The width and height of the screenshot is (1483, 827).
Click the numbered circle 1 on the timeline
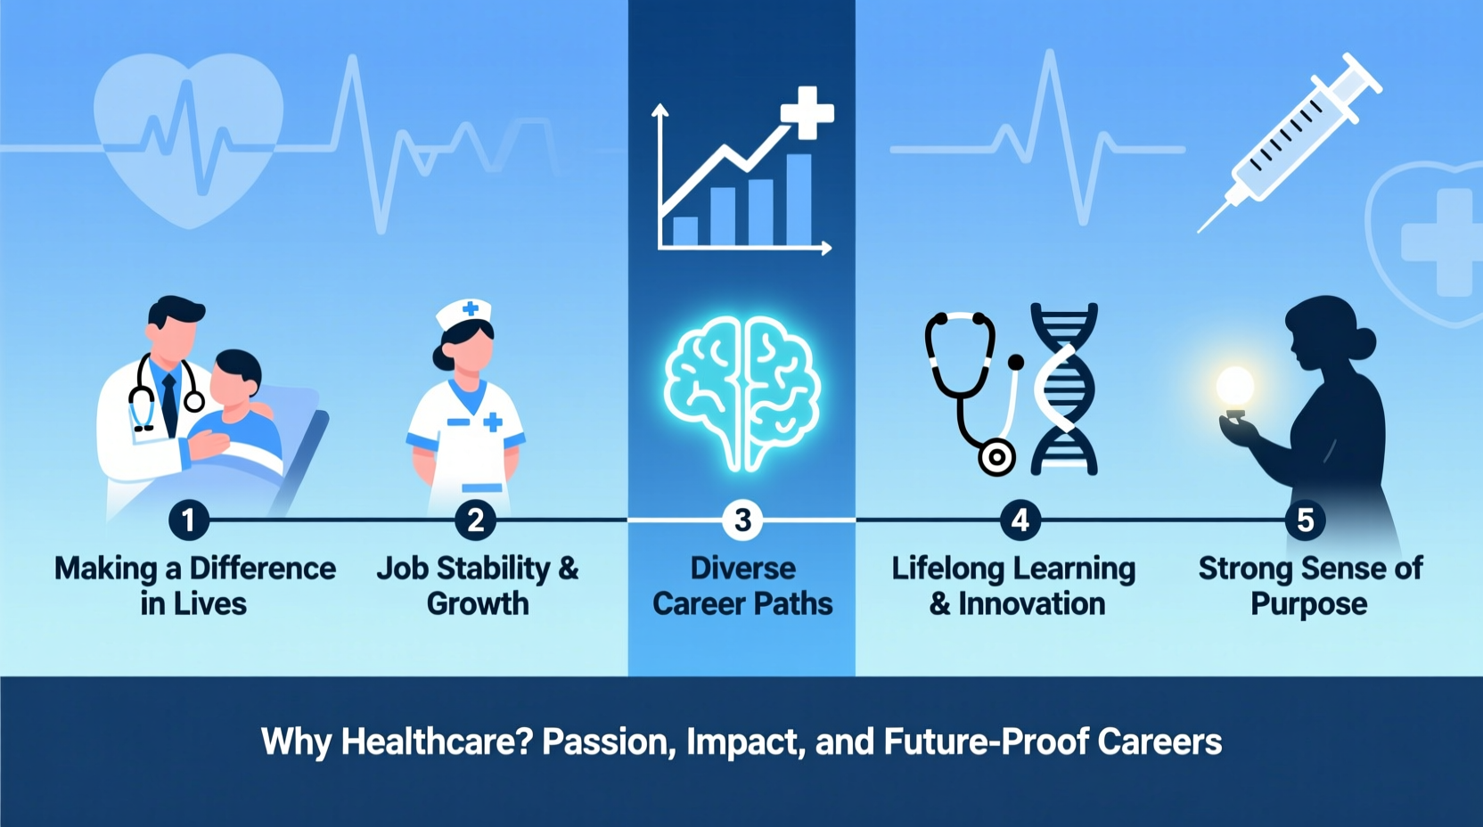(x=188, y=520)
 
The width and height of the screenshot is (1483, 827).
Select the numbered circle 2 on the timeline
(x=475, y=520)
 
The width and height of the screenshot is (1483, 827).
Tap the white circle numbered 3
(x=741, y=520)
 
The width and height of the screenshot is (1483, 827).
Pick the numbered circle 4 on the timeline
(x=1020, y=520)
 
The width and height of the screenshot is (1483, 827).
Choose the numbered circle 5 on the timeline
(x=1305, y=520)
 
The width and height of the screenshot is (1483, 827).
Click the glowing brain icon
(x=741, y=392)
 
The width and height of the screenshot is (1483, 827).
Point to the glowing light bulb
(x=1235, y=389)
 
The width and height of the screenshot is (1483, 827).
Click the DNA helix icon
(x=1064, y=389)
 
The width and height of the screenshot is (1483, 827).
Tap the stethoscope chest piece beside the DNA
(x=996, y=458)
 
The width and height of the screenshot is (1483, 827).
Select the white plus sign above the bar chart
(x=807, y=112)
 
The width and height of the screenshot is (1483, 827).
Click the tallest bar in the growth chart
(x=798, y=200)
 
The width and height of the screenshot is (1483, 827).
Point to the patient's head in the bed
(x=238, y=374)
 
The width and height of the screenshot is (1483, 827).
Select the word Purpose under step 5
(x=1308, y=604)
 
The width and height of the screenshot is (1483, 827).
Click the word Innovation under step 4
(x=1031, y=604)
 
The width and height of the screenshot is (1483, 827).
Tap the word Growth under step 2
(x=478, y=604)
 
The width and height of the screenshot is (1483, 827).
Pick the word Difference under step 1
(x=262, y=569)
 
